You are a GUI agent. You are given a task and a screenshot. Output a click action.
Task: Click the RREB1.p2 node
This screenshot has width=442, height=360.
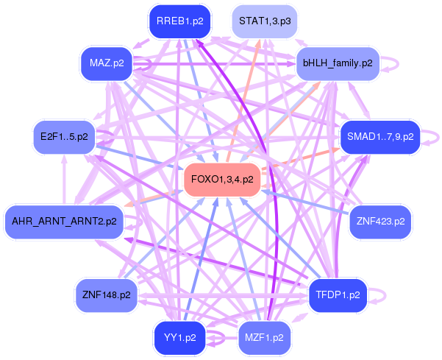180,21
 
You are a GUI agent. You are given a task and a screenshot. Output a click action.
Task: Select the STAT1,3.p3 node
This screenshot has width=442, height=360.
265,21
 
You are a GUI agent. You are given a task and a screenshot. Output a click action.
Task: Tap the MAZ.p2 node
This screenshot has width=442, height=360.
107,63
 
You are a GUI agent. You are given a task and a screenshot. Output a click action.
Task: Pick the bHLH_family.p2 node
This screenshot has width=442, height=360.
338,63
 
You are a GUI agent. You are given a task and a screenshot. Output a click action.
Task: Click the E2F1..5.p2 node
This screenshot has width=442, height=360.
64,137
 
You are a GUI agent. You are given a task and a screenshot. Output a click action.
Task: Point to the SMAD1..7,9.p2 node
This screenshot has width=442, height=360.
380,137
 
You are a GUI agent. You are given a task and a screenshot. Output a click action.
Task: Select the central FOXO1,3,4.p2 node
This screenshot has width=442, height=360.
222,180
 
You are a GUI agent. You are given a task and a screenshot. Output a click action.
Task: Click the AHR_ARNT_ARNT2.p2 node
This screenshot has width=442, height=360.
64,222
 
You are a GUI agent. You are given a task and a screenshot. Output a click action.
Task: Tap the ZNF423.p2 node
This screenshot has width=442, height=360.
380,222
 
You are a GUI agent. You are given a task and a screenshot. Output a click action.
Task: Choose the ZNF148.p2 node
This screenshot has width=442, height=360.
107,295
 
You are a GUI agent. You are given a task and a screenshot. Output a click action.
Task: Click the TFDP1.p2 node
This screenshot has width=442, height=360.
338,295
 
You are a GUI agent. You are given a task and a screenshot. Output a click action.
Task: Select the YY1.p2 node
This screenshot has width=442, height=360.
180,338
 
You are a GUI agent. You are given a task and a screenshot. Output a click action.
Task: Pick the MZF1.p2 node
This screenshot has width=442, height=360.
265,338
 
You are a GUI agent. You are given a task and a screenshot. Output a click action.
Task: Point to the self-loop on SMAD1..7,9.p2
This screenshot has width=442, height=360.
438,138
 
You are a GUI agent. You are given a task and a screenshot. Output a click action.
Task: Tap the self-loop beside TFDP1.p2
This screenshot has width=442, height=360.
385,296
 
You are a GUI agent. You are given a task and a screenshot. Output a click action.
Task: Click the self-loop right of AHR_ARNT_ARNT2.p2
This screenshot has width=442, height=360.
141,222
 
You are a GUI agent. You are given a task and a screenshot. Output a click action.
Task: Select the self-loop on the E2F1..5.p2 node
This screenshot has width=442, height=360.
113,137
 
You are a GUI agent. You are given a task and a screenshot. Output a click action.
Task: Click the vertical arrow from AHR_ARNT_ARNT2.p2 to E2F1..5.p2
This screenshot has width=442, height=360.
64,180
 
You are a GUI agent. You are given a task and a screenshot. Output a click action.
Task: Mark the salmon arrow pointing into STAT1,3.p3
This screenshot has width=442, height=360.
243,100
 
